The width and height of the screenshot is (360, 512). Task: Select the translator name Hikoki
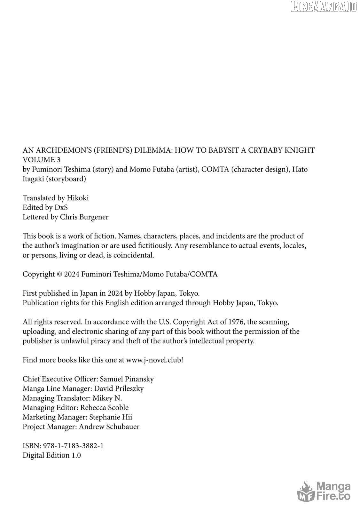(78, 198)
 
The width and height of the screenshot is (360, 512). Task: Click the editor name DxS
(61, 207)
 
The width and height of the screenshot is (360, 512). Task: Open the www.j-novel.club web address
(154, 360)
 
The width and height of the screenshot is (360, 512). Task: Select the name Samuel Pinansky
(127, 379)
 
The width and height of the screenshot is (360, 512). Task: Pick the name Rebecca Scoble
(104, 407)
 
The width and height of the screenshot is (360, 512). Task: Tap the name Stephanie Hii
(111, 417)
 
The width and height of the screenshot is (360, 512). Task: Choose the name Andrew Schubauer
(109, 427)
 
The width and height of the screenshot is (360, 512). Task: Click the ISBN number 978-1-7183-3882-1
(73, 446)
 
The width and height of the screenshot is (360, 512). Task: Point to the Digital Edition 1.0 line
(52, 455)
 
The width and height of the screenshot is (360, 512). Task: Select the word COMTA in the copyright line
(204, 274)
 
